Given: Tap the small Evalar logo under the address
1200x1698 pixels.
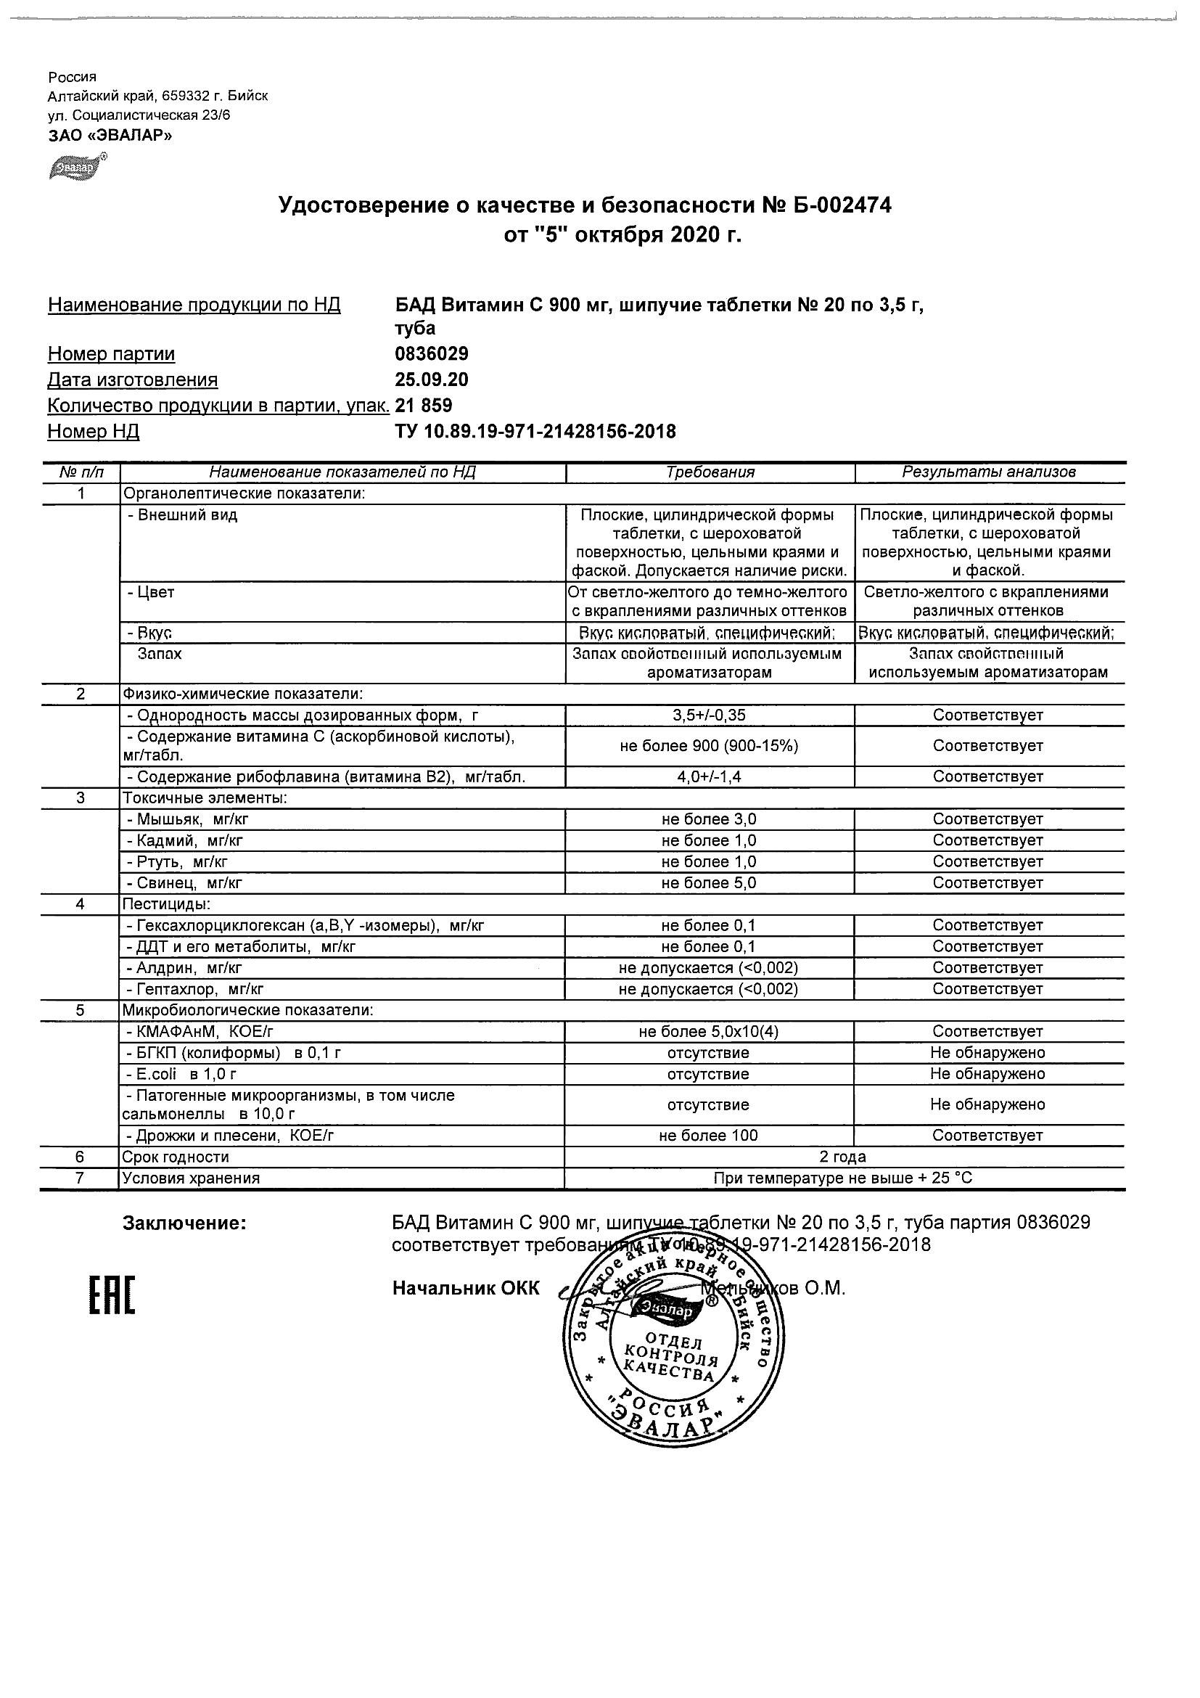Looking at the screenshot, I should tap(77, 167).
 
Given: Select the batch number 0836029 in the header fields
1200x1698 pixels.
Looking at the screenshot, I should tap(432, 354).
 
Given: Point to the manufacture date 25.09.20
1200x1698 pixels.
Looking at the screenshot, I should tap(432, 380).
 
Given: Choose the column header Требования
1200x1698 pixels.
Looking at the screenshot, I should tap(710, 472).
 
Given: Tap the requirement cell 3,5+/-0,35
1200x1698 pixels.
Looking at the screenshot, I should tap(709, 715).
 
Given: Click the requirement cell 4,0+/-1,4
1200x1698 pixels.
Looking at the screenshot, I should tap(709, 776).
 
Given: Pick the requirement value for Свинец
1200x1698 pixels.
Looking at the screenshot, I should tap(709, 883).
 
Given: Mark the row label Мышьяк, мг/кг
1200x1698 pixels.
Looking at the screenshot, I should tap(192, 819).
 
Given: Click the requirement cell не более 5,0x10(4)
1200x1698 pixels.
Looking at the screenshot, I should tap(709, 1032).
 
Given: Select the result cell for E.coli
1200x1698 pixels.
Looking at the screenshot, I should tap(988, 1074).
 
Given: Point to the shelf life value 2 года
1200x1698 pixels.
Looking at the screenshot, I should tap(843, 1157).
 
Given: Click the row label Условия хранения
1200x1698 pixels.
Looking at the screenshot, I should tap(191, 1178).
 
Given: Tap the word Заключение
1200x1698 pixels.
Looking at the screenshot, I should tap(184, 1224).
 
